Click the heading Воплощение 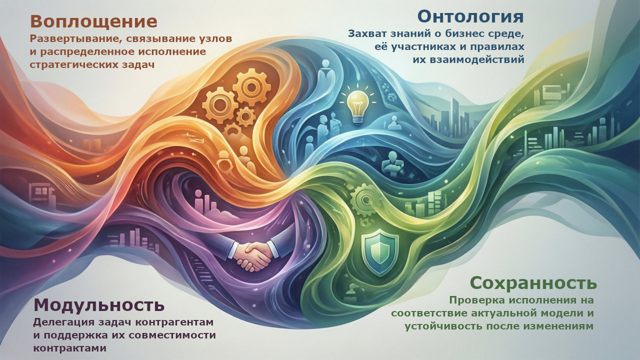93,21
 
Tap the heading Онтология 470,16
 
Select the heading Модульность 98,304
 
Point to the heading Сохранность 533,283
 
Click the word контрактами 69,347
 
